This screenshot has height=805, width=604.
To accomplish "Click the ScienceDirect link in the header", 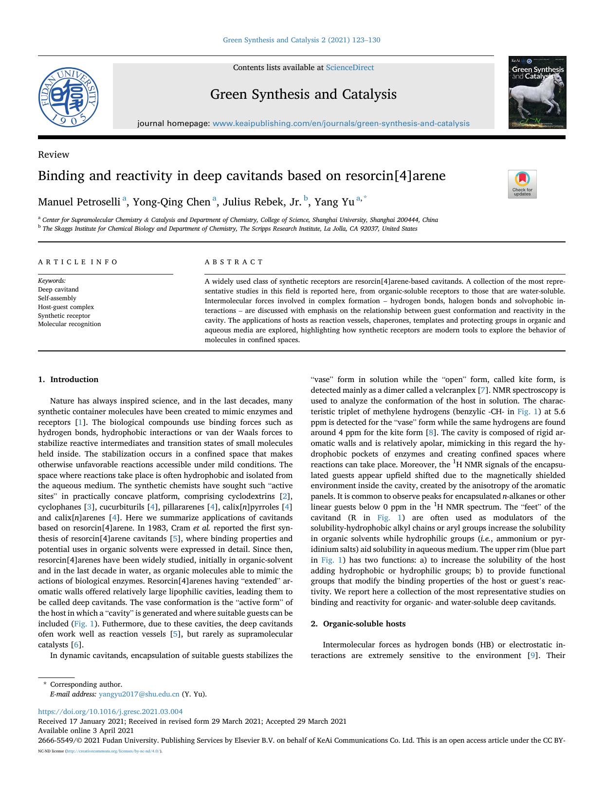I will [x=349, y=68].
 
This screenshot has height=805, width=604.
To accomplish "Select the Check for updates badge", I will [x=522, y=184].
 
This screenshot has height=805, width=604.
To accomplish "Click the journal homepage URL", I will [x=341, y=124].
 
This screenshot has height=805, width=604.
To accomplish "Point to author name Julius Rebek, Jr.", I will [x=262, y=202].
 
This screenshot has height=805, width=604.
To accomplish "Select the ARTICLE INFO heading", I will [x=78, y=262].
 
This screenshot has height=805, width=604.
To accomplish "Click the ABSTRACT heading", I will [x=234, y=262].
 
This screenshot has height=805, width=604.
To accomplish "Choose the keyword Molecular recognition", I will [x=69, y=324].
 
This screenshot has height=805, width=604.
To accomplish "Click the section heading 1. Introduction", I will [x=68, y=380].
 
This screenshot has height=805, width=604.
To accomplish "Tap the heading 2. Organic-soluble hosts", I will [x=358, y=624].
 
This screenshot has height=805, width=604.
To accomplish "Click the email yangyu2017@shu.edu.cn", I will [x=139, y=694].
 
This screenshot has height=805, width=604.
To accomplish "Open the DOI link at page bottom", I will [x=110, y=712].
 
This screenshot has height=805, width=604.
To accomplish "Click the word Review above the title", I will [x=54, y=155].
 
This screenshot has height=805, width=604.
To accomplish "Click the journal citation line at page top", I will [x=301, y=40].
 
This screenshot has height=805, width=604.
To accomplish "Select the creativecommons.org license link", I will [x=112, y=751].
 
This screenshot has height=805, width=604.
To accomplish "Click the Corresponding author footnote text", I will [x=86, y=684].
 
